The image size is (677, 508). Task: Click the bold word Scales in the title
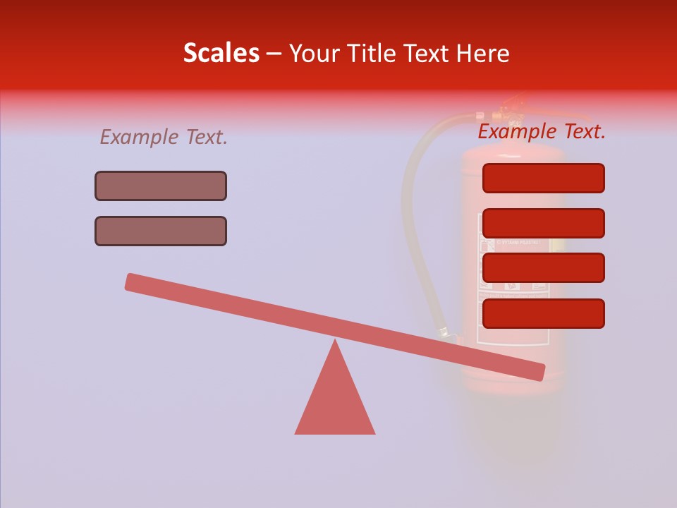(221, 53)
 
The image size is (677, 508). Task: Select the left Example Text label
(164, 137)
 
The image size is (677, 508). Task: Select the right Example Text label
(542, 131)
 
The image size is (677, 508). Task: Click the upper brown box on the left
(161, 186)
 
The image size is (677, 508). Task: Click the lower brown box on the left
(161, 231)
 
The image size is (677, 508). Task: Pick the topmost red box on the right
(543, 178)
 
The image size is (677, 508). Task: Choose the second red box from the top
(543, 223)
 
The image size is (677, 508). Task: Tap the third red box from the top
(543, 267)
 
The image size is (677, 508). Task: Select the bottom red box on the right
(543, 313)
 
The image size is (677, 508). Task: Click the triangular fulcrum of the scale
(335, 402)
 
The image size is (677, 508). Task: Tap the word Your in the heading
(314, 53)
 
